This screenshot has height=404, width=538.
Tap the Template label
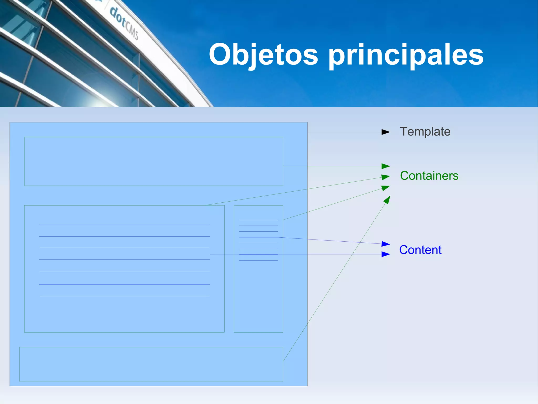coord(425,131)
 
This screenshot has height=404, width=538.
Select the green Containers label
coord(429,176)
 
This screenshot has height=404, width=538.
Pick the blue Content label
coord(420,250)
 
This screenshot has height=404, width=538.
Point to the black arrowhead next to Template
coord(386,132)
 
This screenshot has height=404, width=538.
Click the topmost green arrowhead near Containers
coord(386,166)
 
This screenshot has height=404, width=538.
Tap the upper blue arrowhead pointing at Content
coord(386,244)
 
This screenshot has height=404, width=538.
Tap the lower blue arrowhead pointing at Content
coord(386,254)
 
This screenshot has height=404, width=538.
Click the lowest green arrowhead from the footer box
coord(387,200)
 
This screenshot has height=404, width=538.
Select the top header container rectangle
coord(153,161)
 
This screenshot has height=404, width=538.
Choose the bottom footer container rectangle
coord(151,364)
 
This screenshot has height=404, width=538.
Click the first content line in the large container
coord(124,225)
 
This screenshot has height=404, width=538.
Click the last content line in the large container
coord(124,296)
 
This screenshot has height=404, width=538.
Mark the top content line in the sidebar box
coord(258,220)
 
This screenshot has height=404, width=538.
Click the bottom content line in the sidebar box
coord(258,260)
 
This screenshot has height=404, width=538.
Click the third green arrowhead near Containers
coord(386,188)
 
